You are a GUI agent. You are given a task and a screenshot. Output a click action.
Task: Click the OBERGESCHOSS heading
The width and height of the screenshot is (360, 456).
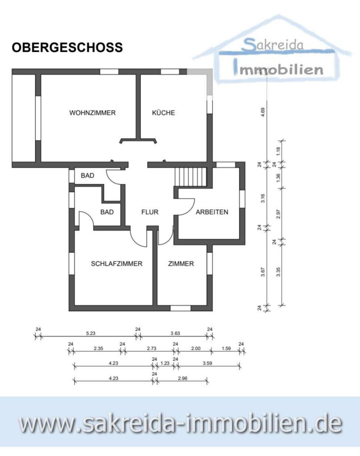[x=67, y=48]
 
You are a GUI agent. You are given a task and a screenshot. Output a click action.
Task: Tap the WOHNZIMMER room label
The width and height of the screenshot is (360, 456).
[x=92, y=113]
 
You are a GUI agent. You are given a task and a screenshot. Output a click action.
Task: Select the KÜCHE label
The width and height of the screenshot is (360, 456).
[x=164, y=113]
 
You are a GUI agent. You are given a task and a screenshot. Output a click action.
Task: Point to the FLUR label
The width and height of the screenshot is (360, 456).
[x=150, y=212]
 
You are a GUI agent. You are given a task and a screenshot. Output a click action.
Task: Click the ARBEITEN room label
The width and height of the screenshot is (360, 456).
[x=212, y=212]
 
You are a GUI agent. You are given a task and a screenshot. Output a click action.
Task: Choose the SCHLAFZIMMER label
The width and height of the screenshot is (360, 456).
[x=116, y=263]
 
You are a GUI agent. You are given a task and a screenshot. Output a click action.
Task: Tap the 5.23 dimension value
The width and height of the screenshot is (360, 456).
[x=90, y=332]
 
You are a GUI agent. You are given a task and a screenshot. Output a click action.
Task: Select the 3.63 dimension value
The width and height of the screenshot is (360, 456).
[x=175, y=332]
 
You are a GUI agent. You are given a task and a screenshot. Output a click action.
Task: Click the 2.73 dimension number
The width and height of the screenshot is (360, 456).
[x=149, y=348]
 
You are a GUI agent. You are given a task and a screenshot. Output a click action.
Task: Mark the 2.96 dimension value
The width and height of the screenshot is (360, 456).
[x=182, y=377]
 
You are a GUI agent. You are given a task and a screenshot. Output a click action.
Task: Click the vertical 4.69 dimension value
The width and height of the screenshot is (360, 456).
[x=264, y=113]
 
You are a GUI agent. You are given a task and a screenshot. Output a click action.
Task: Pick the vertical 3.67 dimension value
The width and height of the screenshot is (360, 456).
[x=264, y=271]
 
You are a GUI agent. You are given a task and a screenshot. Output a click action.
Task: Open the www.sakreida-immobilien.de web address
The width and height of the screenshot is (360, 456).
[x=180, y=424]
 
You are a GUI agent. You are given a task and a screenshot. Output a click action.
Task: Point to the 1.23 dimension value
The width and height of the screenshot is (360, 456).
[x=165, y=362]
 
